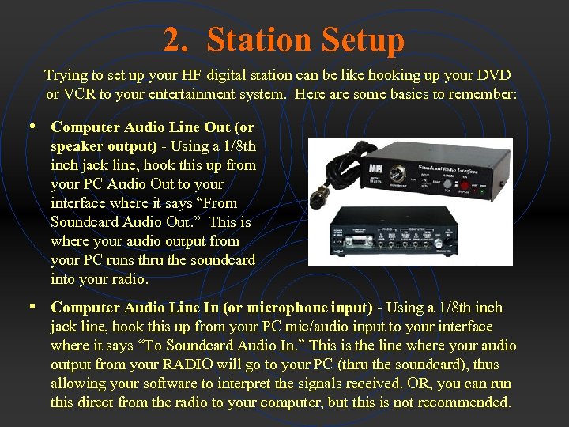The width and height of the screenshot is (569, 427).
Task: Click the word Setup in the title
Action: [362, 40]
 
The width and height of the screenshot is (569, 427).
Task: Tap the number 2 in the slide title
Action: [171, 40]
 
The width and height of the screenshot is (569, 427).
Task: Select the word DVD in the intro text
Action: [495, 75]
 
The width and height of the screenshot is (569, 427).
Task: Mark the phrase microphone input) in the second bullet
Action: [310, 307]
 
